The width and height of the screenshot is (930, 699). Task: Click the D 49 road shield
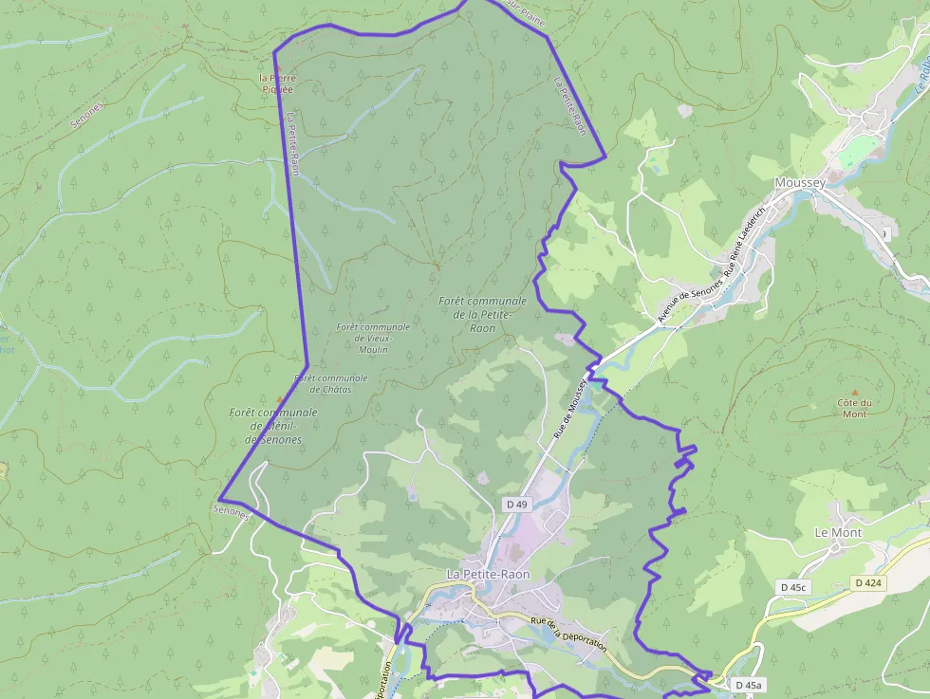pyautogui.click(x=516, y=505)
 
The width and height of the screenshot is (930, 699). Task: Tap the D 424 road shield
pyautogui.click(x=868, y=582)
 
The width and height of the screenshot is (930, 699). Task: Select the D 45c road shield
pyautogui.click(x=792, y=587)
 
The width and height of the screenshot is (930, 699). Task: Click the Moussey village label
pyautogui.click(x=800, y=183)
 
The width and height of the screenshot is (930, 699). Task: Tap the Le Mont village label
pyautogui.click(x=838, y=533)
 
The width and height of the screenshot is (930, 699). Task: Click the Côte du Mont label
pyautogui.click(x=854, y=408)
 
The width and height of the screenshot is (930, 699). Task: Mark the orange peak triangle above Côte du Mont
pyautogui.click(x=854, y=392)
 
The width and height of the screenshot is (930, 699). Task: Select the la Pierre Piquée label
pyautogui.click(x=277, y=83)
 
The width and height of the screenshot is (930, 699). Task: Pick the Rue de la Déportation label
pyautogui.click(x=568, y=633)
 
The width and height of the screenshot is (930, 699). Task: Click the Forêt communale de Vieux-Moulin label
pyautogui.click(x=373, y=338)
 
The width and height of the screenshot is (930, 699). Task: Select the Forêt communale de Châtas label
pyautogui.click(x=330, y=383)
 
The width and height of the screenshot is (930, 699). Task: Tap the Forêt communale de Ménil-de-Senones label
pyautogui.click(x=273, y=426)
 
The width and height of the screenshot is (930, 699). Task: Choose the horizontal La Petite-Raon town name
pyautogui.click(x=489, y=575)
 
